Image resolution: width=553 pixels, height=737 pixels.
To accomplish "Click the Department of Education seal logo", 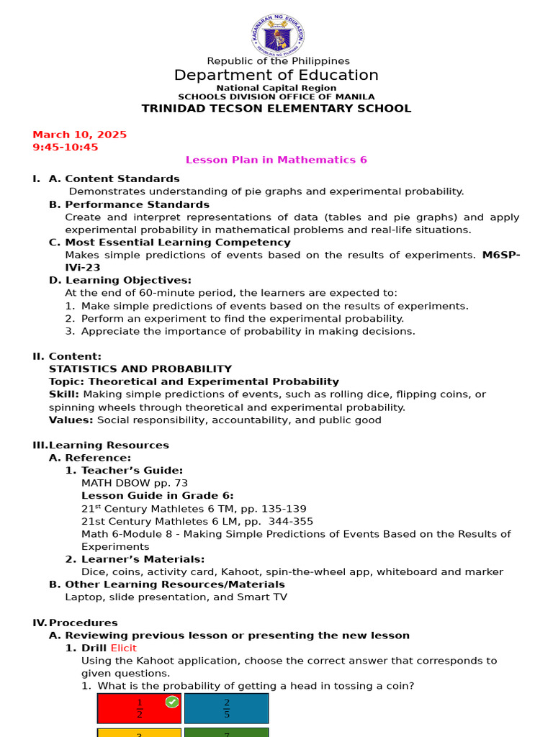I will pyautogui.click(x=278, y=34).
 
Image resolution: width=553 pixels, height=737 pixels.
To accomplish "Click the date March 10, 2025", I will pyautogui.click(x=79, y=135).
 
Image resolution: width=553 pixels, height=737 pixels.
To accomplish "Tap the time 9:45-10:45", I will pyautogui.click(x=66, y=147).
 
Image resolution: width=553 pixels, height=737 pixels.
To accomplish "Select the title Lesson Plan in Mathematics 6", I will pyautogui.click(x=276, y=160).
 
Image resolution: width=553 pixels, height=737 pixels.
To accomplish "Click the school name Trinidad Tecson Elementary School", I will pyautogui.click(x=276, y=109).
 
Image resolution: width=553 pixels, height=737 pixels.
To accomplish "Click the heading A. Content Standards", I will pyautogui.click(x=114, y=178).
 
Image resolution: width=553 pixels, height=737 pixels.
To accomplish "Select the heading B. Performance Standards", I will pyautogui.click(x=129, y=204).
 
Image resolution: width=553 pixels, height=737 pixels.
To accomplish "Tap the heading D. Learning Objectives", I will pyautogui.click(x=120, y=280).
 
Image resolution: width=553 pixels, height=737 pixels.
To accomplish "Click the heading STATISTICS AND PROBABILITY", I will pyautogui.click(x=140, y=368).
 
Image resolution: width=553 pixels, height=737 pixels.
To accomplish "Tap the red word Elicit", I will pyautogui.click(x=124, y=648).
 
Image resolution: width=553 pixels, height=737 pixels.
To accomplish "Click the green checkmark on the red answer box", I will pyautogui.click(x=172, y=702).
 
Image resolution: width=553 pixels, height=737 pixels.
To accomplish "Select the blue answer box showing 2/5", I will pyautogui.click(x=226, y=708).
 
